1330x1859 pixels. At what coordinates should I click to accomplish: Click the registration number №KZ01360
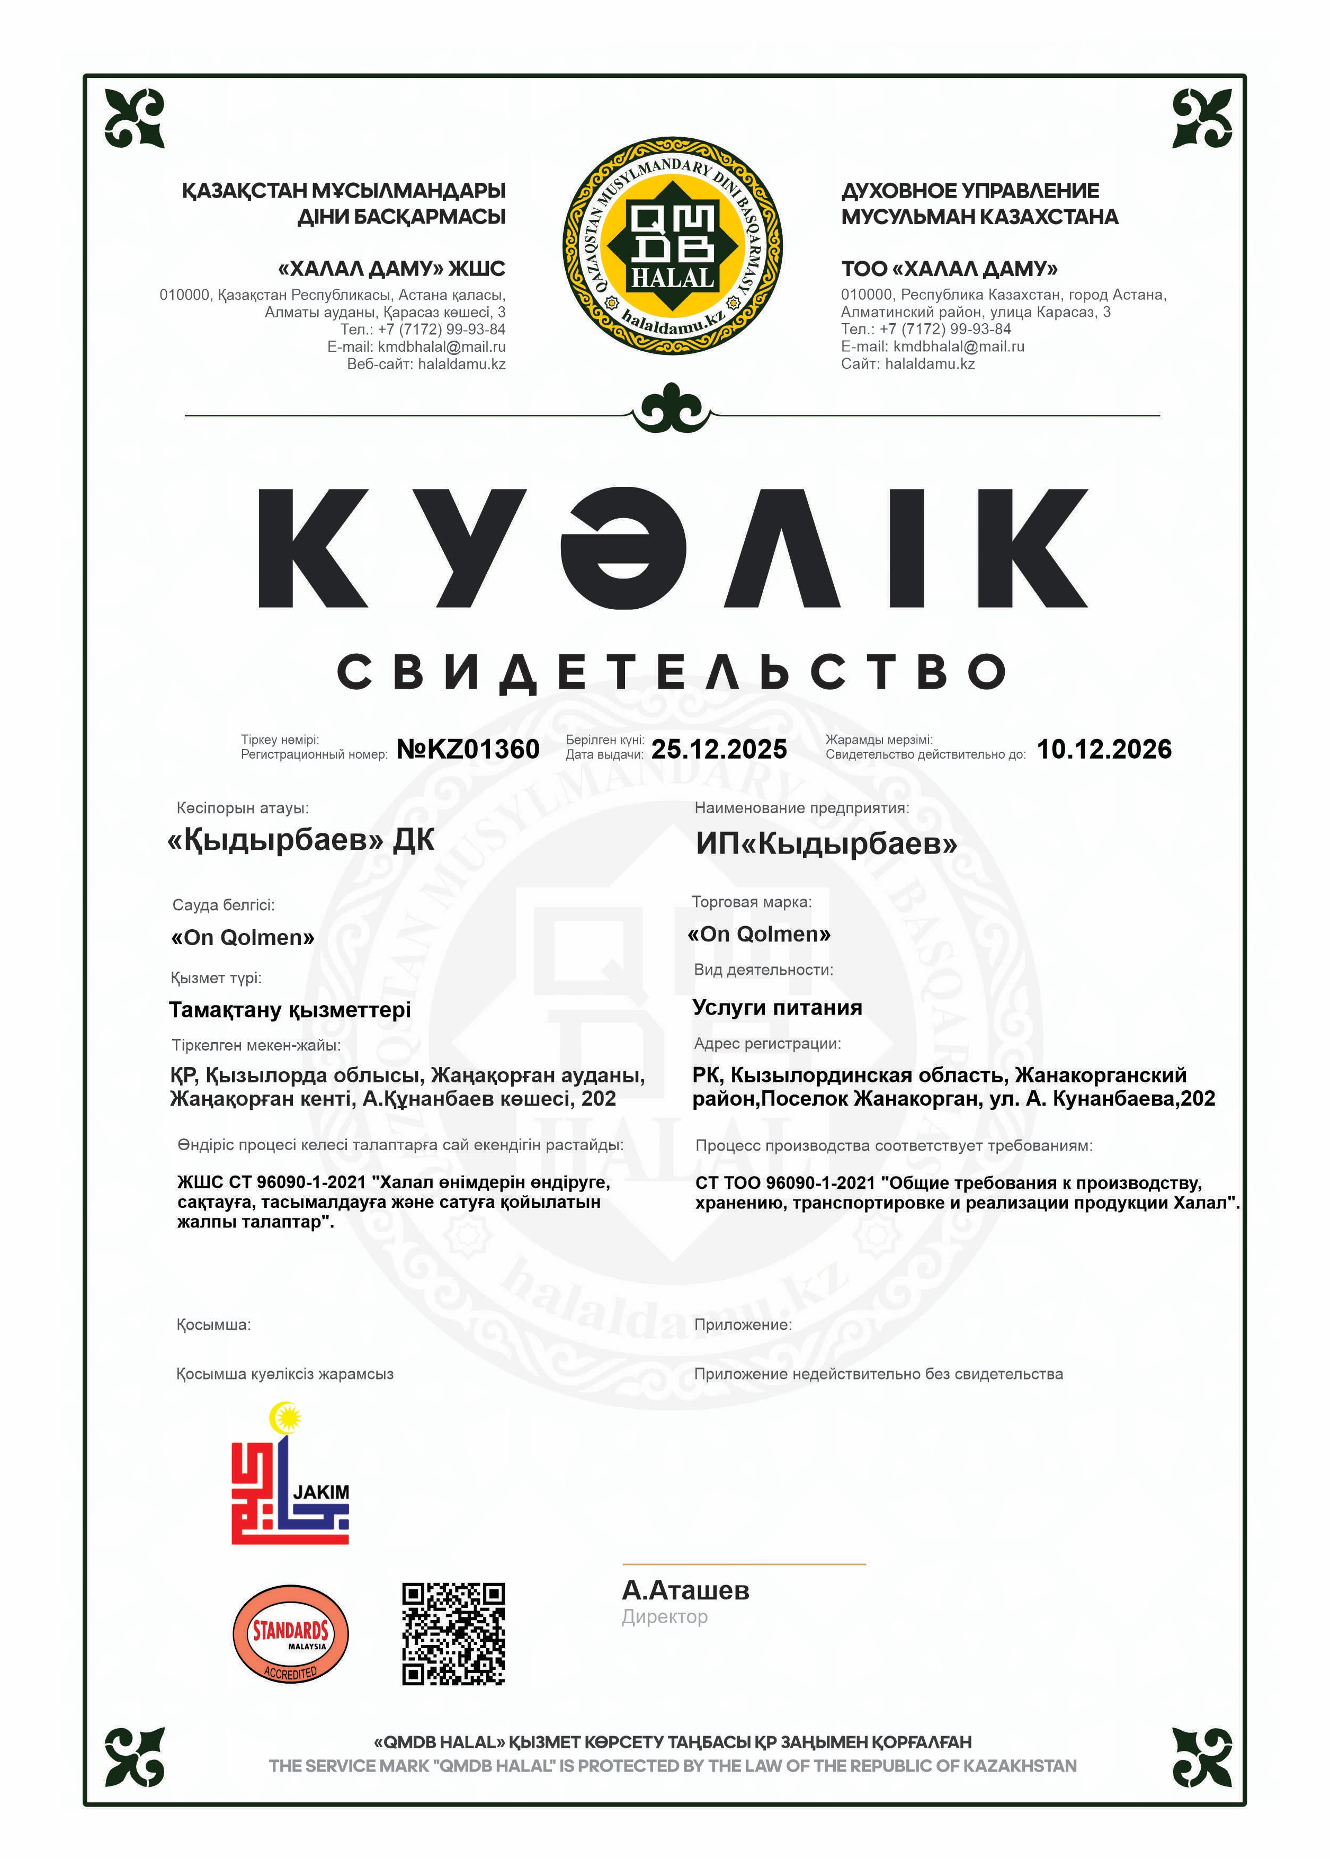coord(468,749)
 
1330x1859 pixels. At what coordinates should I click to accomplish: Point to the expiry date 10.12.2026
coord(1103,749)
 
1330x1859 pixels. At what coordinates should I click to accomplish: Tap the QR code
coord(453,1634)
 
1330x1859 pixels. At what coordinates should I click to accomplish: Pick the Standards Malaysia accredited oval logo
coord(291,1634)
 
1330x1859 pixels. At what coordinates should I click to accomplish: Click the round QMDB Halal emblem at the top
coord(672,246)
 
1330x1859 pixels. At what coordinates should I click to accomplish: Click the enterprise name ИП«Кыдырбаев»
coord(826,843)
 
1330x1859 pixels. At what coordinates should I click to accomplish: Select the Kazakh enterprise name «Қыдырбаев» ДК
coord(300,840)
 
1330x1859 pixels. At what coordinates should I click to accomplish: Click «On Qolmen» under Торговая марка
coord(758,935)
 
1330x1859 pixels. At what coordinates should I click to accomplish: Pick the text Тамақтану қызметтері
coord(289,1010)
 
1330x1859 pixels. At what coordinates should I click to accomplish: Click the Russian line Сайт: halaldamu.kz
coord(907,363)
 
